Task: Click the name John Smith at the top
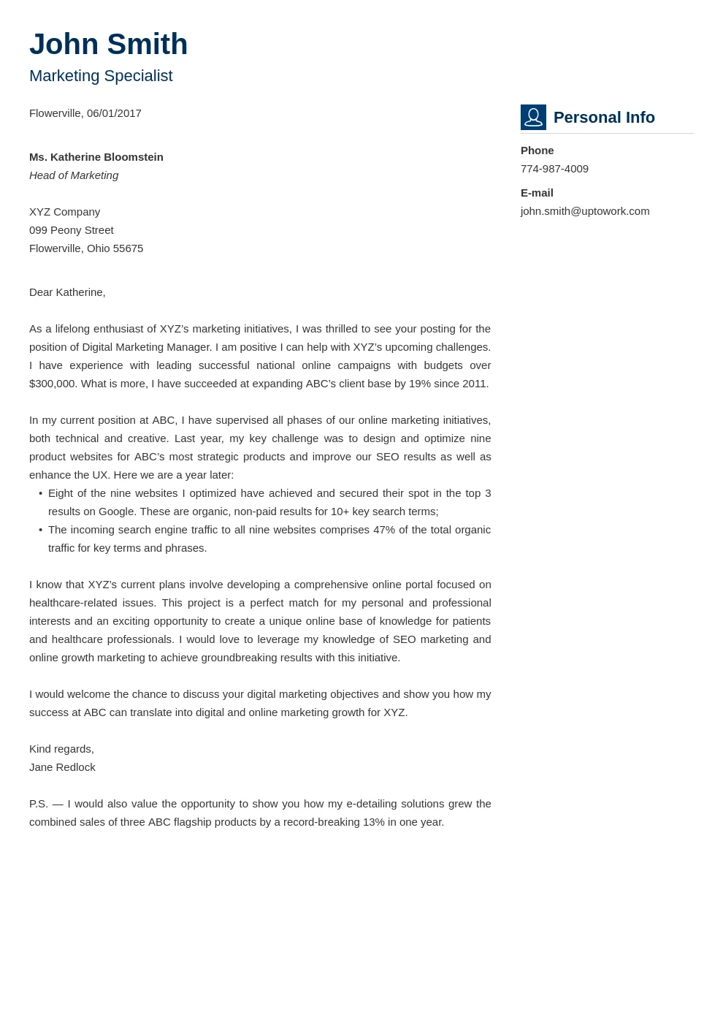pos(108,45)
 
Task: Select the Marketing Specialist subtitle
pos(101,76)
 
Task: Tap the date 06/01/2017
pos(114,113)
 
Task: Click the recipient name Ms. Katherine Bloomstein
pos(96,157)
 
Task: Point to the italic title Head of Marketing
pos(74,175)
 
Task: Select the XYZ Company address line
pos(65,212)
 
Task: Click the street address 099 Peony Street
pos(72,230)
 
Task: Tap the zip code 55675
pos(129,248)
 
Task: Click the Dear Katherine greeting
pos(67,292)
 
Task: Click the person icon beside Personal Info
pos(533,117)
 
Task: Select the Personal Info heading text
pos(604,118)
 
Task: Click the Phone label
pos(537,151)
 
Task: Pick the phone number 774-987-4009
pos(554,169)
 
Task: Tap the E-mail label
pos(537,193)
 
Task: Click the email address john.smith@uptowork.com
pos(585,211)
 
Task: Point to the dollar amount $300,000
pos(53,384)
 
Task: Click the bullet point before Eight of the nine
pos(40,493)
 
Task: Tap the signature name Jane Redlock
pos(62,767)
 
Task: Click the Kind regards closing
pos(61,749)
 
